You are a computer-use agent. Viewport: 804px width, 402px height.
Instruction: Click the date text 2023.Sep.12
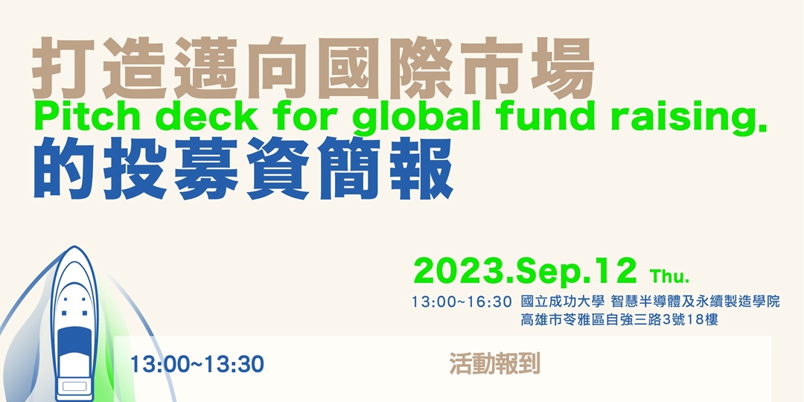525,272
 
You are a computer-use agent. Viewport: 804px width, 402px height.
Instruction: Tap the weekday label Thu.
670,277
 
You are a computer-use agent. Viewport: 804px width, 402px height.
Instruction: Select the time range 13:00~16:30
462,302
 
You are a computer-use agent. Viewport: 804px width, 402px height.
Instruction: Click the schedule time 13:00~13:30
197,365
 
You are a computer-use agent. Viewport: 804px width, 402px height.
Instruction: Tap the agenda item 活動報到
494,363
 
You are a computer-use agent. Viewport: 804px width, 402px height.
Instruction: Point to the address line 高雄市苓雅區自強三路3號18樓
619,321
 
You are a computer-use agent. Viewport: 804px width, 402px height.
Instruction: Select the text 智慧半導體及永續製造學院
695,302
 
